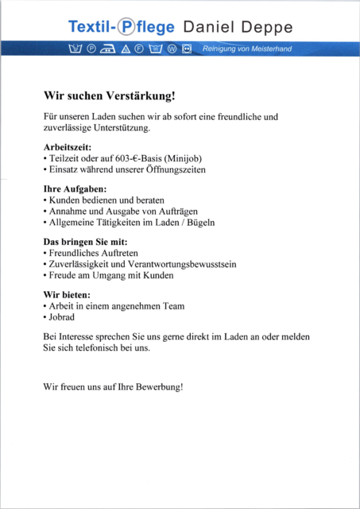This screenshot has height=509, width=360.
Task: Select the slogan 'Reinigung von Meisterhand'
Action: pyautogui.click(x=248, y=49)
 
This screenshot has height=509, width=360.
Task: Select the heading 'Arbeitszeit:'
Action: pyautogui.click(x=68, y=147)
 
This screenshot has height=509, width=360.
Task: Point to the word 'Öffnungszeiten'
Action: pyautogui.click(x=172, y=169)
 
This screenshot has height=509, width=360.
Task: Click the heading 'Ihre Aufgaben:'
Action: pyautogui.click(x=75, y=189)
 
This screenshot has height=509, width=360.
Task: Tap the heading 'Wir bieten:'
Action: pyautogui.click(x=67, y=294)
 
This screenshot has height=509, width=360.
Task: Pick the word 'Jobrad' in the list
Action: pyautogui.click(x=62, y=317)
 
